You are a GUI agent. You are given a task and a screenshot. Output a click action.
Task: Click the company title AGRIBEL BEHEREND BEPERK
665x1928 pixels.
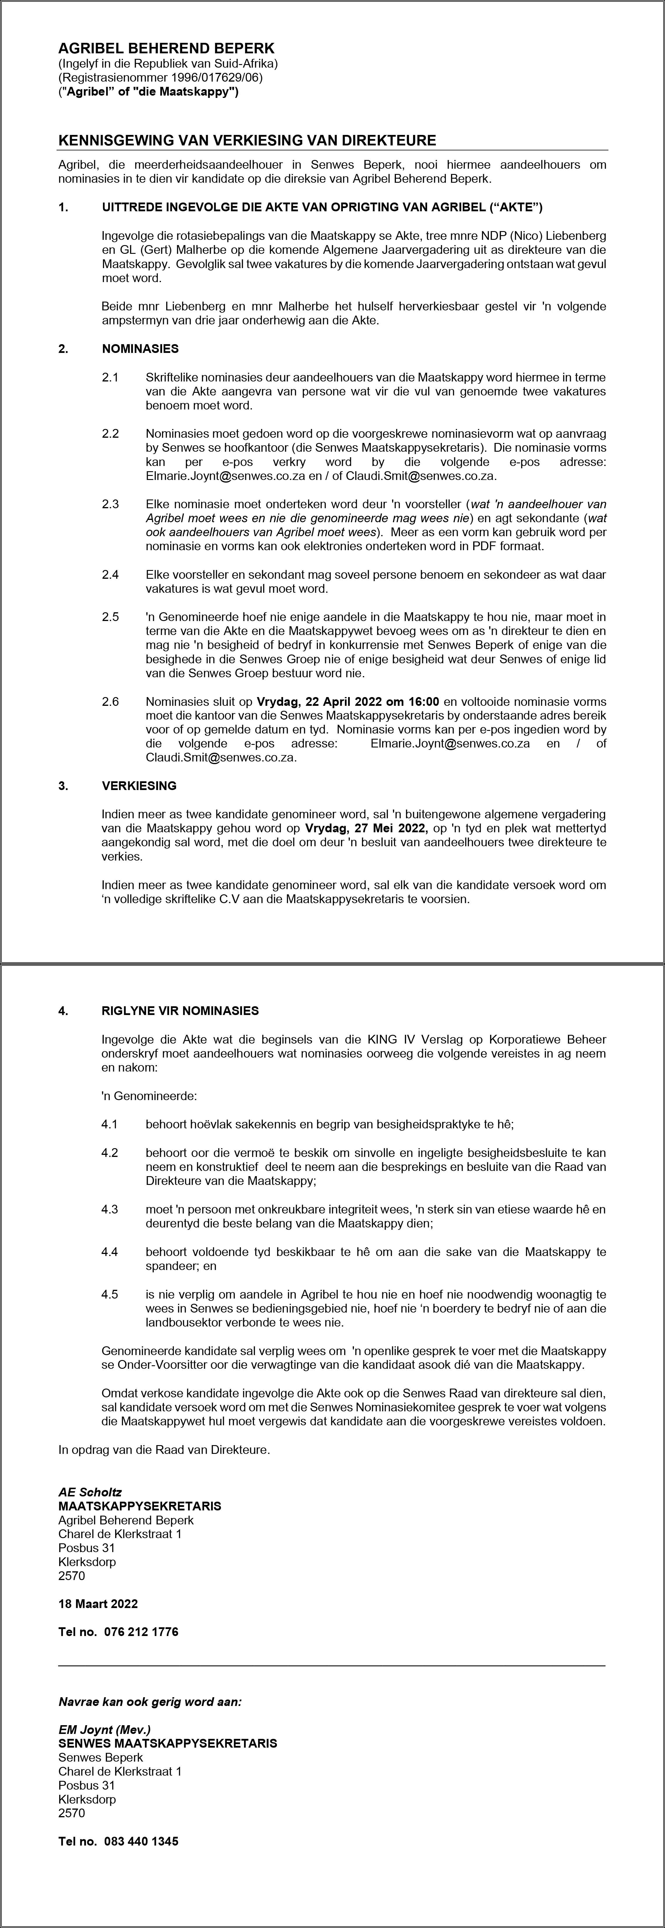[x=166, y=49]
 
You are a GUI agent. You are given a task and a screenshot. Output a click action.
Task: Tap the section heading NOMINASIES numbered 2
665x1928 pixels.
[x=140, y=349]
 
